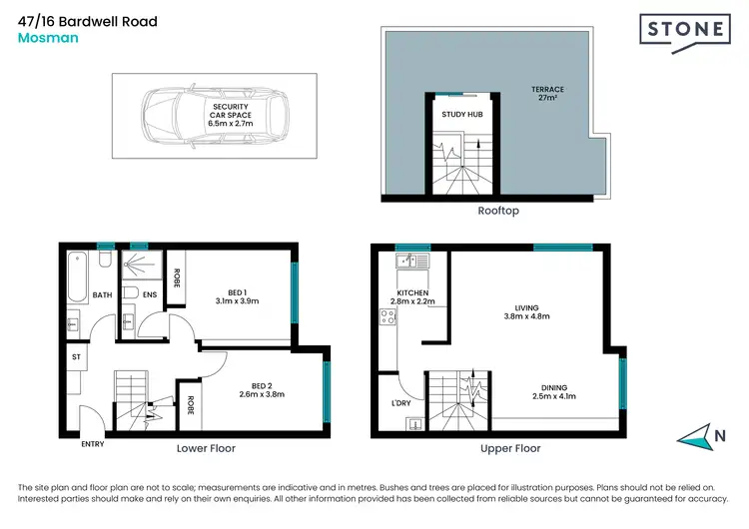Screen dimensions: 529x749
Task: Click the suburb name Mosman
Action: click(x=46, y=38)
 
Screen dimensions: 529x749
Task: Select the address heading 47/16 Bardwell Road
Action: click(x=88, y=21)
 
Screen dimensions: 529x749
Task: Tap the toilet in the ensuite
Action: click(x=130, y=293)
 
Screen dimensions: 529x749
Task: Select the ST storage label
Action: click(x=75, y=354)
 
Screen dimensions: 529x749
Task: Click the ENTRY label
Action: click(x=92, y=444)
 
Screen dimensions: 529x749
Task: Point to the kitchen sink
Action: click(x=406, y=264)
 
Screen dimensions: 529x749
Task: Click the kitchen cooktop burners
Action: click(x=387, y=319)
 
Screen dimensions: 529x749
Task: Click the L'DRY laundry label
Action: click(x=401, y=402)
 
